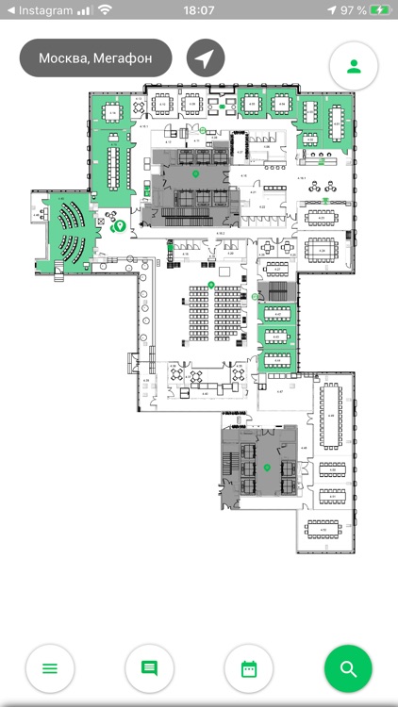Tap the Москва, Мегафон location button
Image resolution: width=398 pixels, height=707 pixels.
tap(95, 58)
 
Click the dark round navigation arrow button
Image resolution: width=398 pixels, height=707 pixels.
tap(206, 58)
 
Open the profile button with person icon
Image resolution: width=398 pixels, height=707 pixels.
tap(354, 66)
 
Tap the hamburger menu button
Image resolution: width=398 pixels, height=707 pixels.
tap(50, 668)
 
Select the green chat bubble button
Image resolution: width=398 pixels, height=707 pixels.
tap(149, 668)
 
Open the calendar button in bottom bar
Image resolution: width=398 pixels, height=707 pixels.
tap(249, 668)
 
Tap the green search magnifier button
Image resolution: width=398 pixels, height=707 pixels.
tap(348, 668)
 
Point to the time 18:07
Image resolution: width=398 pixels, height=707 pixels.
tap(198, 10)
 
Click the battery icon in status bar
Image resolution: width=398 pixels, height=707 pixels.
tap(379, 10)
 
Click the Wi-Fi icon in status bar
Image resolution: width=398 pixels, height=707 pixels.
tap(105, 10)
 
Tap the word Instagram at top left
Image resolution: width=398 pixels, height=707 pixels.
tap(45, 10)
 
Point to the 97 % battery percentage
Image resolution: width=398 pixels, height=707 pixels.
tap(354, 10)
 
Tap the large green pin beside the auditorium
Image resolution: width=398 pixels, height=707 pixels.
tap(120, 226)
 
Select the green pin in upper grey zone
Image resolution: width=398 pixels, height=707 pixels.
tap(195, 174)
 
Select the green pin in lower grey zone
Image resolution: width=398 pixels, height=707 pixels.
tap(267, 468)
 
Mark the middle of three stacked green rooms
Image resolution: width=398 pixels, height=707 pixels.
tap(277, 336)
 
